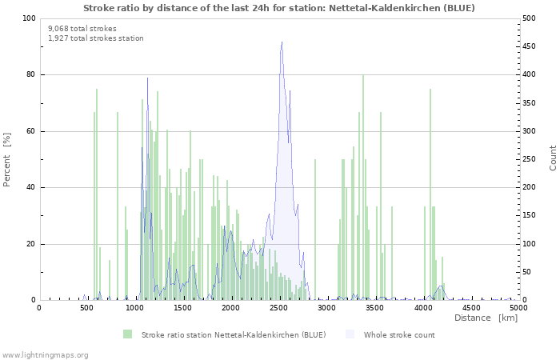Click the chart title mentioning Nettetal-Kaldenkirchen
coord(279,8)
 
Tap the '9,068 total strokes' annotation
coord(82,28)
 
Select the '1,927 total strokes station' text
coord(95,38)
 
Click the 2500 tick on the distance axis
coord(279,307)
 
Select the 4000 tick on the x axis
coord(422,307)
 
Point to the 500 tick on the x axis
coord(87,307)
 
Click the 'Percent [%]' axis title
coord(8,159)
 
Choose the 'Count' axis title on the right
coord(553,158)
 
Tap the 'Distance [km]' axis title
coord(486,318)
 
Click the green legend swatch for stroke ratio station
coord(128,334)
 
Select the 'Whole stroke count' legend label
coord(399,334)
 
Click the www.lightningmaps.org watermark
coord(45,354)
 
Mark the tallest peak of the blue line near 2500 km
coord(282,42)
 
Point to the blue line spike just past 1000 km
coord(147,78)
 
